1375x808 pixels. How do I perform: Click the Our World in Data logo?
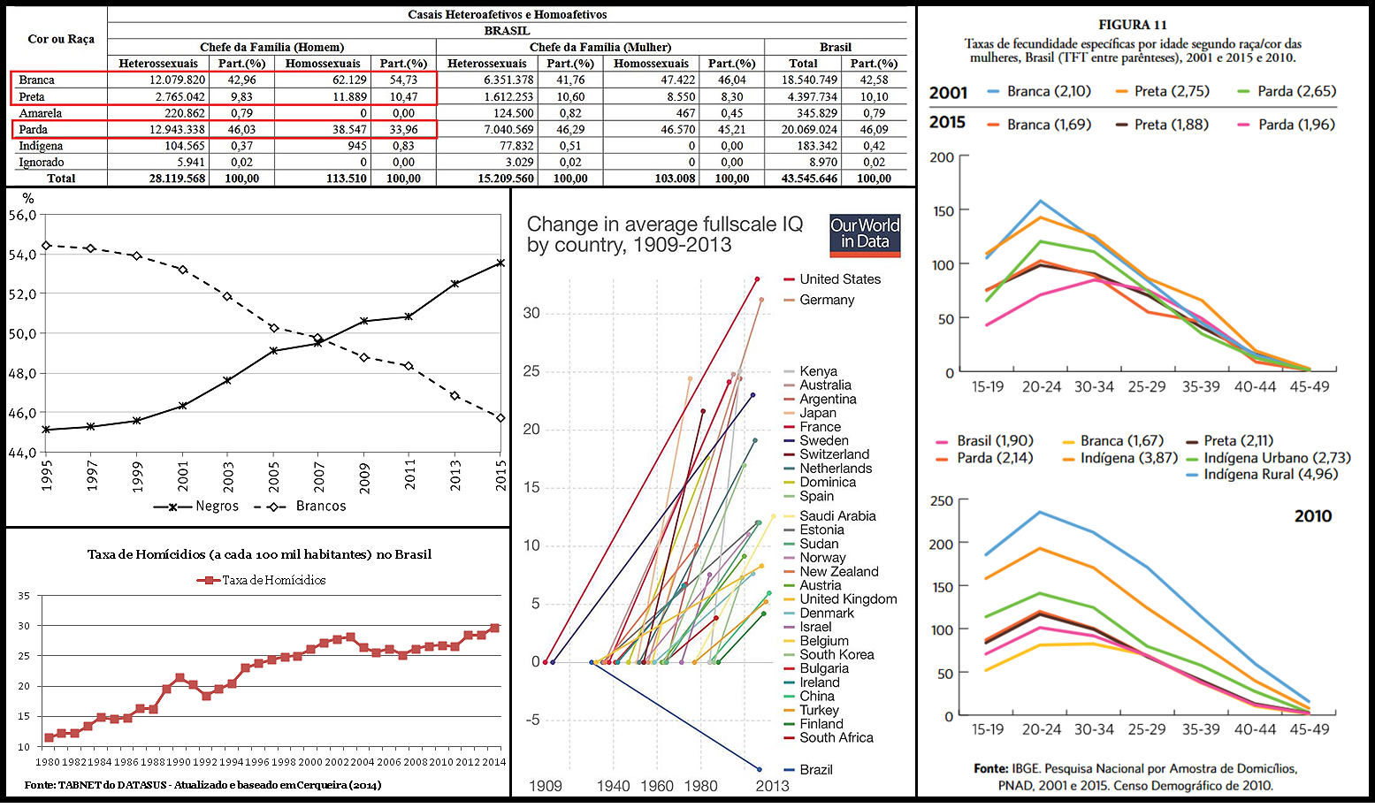coord(864,235)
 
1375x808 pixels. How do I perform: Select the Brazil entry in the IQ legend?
coord(815,770)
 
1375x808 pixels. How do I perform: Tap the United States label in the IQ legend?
coord(839,279)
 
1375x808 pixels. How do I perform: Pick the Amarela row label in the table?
coord(41,113)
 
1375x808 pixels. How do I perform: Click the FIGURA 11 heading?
coord(1133,25)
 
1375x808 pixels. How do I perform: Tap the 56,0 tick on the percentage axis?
coord(23,216)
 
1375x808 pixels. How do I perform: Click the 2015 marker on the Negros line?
coord(500,263)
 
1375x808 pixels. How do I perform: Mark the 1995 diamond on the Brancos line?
coord(47,246)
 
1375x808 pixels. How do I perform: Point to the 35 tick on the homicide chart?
coord(24,597)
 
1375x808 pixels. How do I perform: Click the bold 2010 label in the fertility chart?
coord(1312,516)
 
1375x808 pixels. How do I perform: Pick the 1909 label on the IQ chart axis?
coord(546,786)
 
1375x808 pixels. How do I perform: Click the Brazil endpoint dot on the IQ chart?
coord(759,769)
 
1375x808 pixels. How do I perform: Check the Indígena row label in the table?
coord(41,146)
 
